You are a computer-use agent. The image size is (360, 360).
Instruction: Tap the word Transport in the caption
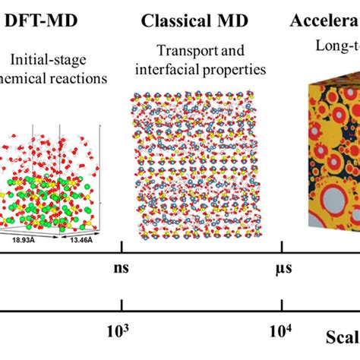(181, 51)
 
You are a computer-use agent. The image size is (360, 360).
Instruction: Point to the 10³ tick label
(121, 331)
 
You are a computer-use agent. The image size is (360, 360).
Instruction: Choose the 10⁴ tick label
(281, 331)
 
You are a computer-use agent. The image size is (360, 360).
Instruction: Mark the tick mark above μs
(283, 248)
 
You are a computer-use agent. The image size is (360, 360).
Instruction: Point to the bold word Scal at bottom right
(343, 338)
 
